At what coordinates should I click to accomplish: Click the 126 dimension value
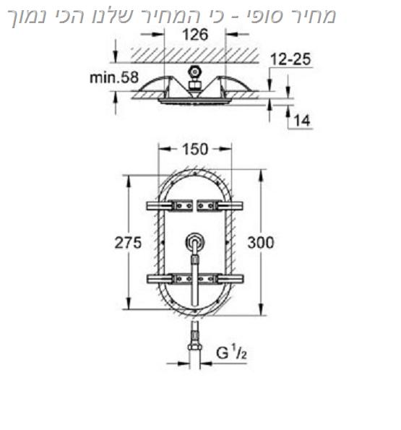click(x=195, y=35)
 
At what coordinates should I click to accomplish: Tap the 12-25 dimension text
click(x=290, y=59)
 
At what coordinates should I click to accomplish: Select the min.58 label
click(x=114, y=77)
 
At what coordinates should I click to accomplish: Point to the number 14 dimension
click(x=302, y=121)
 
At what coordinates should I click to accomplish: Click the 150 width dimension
click(x=195, y=150)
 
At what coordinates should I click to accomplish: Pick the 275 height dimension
click(x=128, y=243)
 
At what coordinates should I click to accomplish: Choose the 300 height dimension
click(x=261, y=243)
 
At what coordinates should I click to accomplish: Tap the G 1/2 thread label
click(x=231, y=352)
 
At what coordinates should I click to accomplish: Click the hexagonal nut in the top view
click(x=194, y=72)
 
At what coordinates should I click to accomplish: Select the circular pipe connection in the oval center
click(x=195, y=242)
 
